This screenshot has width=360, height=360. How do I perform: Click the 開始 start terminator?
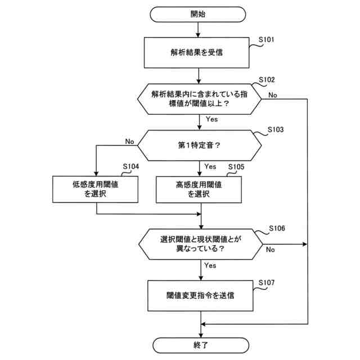pos(200,14)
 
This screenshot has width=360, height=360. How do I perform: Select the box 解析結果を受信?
pos(200,53)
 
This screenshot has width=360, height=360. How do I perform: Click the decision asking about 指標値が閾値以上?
pos(200,99)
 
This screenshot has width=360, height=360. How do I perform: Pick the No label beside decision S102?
pos(272,95)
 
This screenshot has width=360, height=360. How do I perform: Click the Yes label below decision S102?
pos(212,119)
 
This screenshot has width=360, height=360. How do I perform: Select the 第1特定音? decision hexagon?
pos(200,145)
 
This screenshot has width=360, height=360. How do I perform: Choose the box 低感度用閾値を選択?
pos(97,189)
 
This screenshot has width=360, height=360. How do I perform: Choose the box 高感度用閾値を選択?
pos(200,189)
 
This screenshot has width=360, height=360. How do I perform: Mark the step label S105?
pos(236,167)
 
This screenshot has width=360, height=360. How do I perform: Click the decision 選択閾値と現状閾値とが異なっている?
pos(200,244)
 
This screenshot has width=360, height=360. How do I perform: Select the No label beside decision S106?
pos(271,249)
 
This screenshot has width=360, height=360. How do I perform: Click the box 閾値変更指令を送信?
pos(200,294)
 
